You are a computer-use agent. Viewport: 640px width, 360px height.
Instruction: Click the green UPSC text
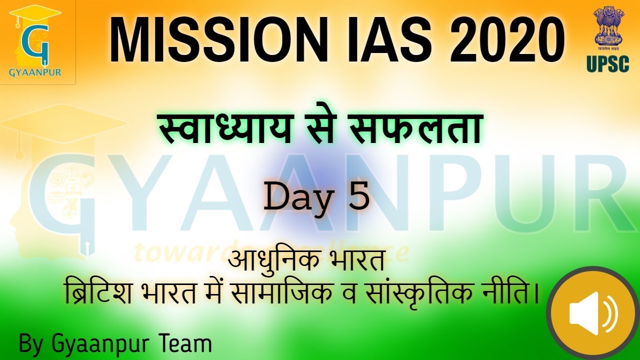coord(607,64)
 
